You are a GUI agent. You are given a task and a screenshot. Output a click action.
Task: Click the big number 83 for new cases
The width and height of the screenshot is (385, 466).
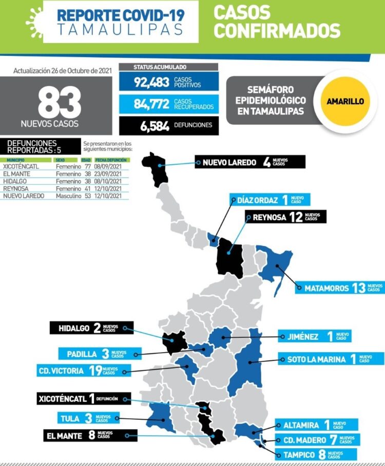pos(59,102)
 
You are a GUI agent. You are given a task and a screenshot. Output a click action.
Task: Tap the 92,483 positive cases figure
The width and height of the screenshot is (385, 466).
pos(152,82)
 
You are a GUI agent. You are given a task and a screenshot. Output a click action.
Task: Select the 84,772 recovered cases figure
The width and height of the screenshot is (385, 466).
pos(152,104)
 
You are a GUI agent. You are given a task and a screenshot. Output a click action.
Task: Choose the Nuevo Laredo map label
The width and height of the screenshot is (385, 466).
pos(250,162)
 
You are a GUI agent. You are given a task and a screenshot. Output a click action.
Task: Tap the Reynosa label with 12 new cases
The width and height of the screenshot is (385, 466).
pos(285,217)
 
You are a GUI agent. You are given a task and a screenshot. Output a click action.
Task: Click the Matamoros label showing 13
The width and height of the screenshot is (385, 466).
pos(339,288)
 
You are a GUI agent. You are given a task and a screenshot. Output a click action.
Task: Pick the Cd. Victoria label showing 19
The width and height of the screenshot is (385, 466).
pos(78,371)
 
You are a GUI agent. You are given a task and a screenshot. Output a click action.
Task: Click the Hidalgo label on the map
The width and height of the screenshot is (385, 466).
pos(91,328)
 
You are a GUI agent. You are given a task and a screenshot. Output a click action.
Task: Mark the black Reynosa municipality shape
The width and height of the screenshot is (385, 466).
pos(228,257)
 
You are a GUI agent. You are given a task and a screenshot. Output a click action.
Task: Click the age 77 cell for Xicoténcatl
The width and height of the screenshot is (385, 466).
pos(87,167)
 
